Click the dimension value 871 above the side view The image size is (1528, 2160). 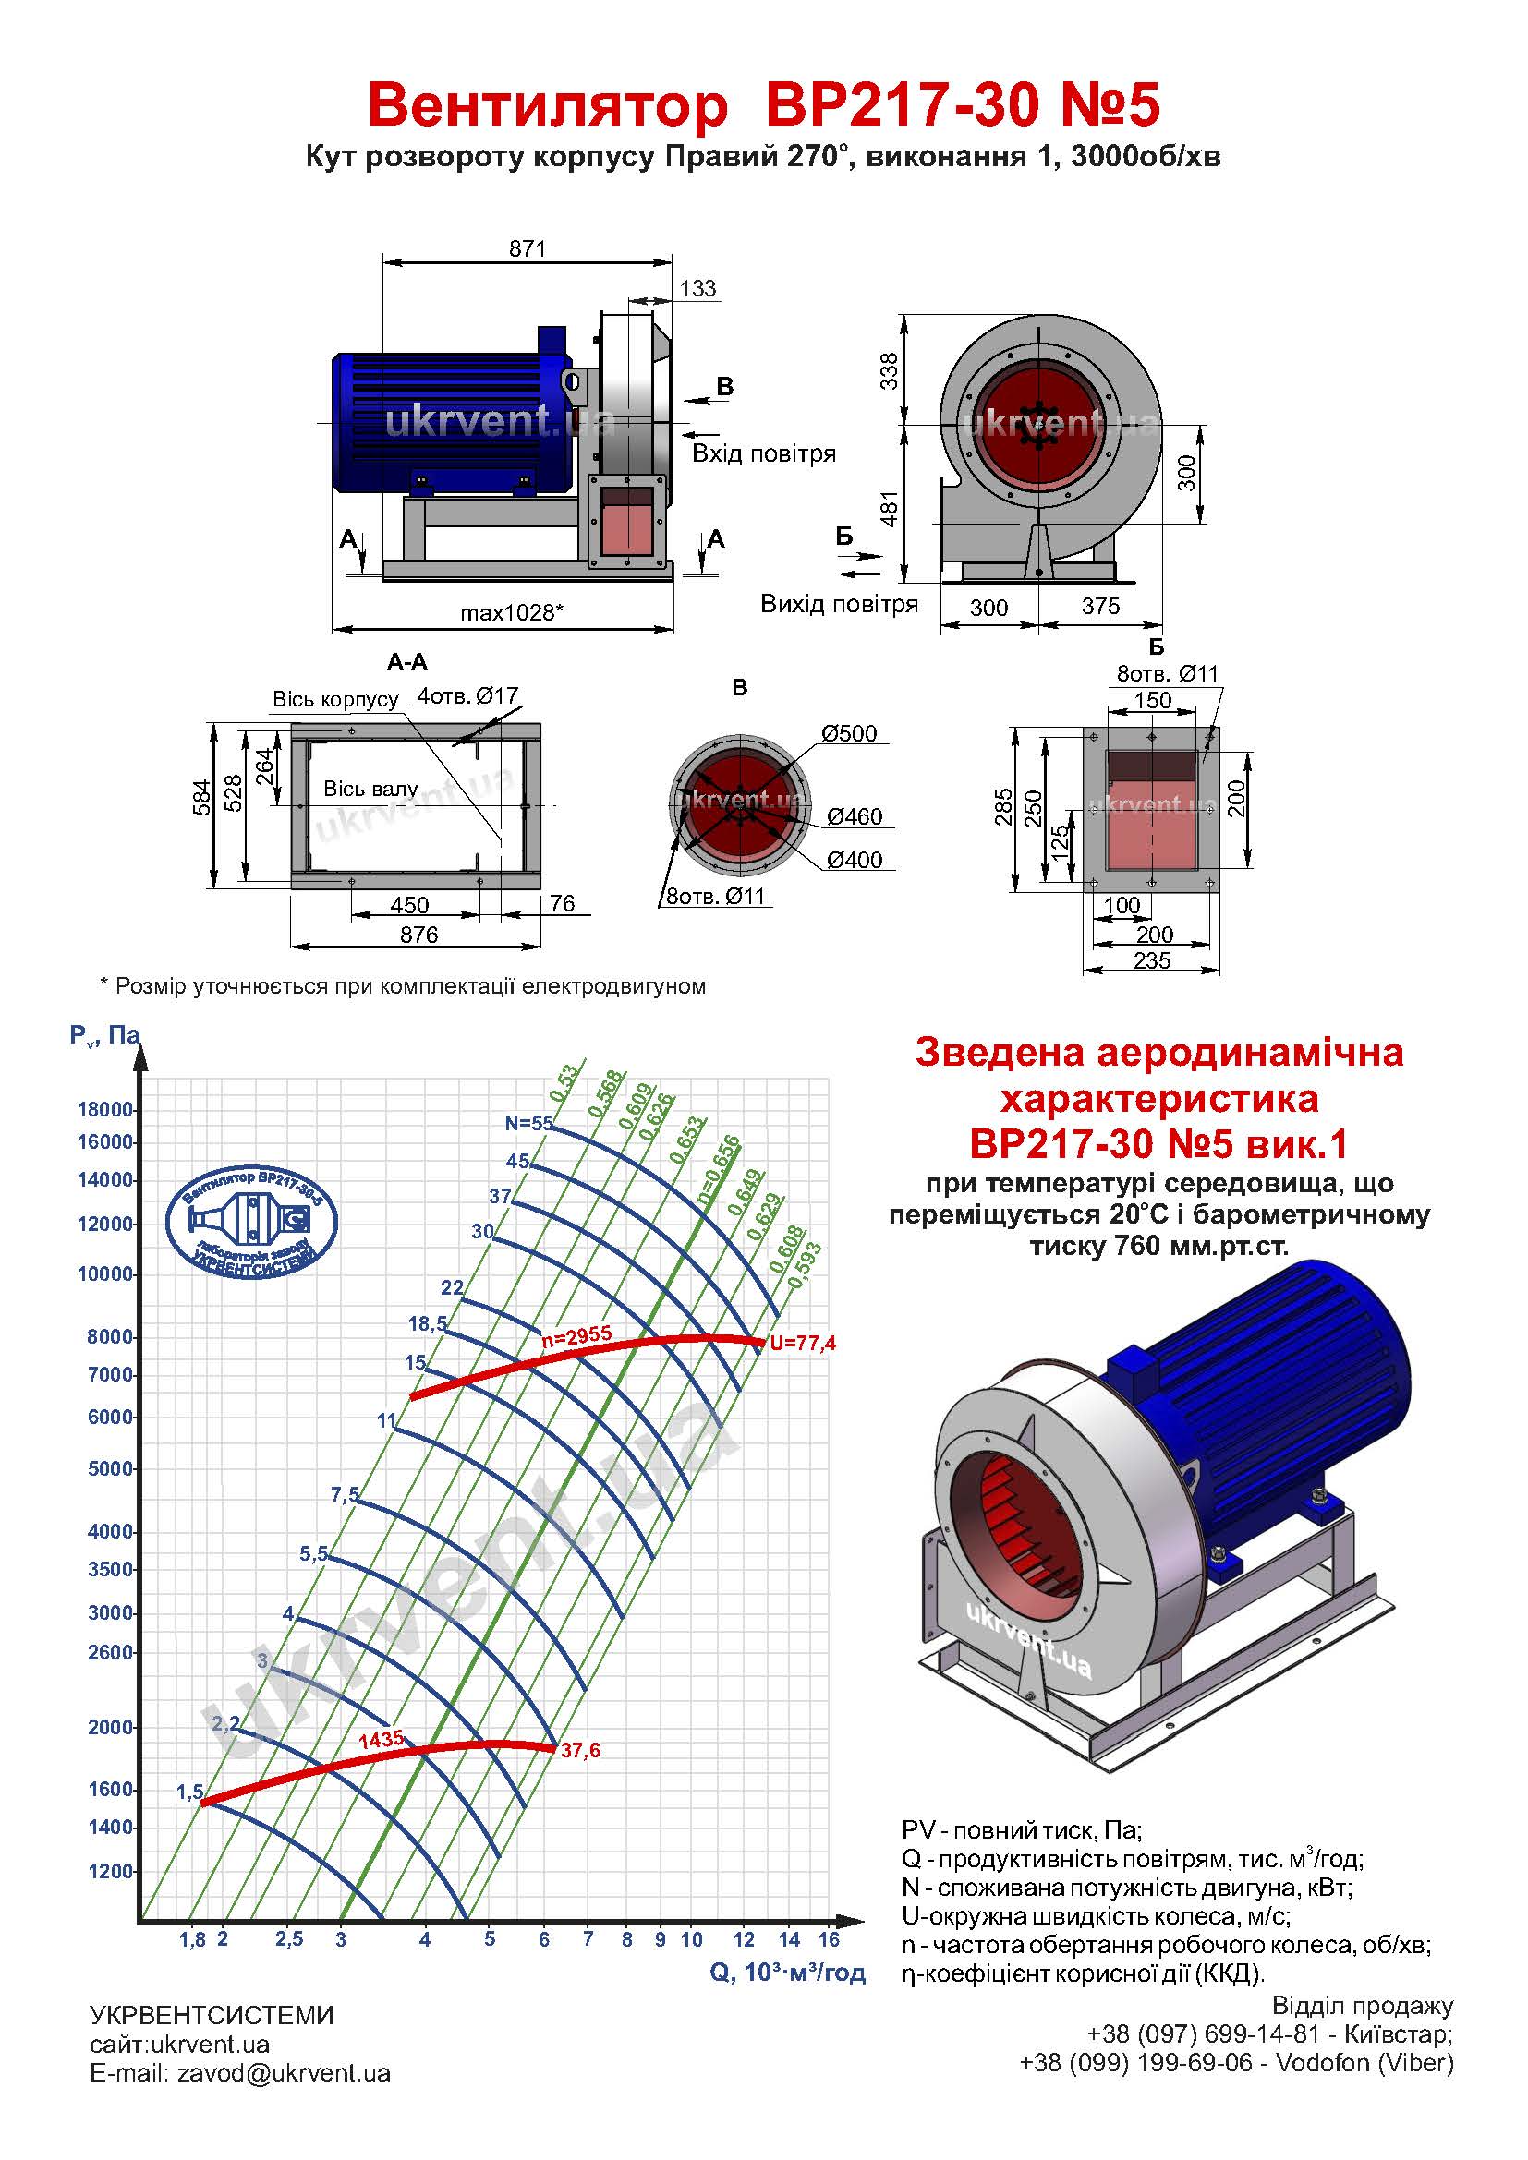527,248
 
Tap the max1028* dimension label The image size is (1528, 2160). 512,612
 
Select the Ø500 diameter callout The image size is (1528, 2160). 849,733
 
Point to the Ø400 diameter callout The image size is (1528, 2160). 855,859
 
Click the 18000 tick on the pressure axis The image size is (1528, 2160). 105,1109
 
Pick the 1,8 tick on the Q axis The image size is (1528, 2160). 192,1939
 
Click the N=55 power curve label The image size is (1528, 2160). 528,1122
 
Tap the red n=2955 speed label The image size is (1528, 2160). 576,1334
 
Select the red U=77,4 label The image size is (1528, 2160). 803,1344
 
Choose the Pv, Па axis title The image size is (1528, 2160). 104,1036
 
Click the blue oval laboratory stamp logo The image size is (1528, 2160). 251,1220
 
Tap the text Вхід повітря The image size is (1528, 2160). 764,453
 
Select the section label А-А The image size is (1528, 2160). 407,662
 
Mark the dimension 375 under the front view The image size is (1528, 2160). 1100,606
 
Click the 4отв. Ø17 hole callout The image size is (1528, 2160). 467,695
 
